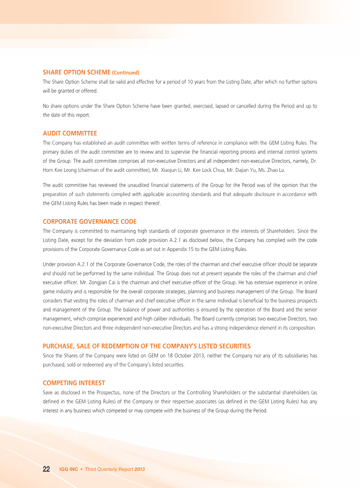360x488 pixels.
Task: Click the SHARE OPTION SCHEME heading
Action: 76,72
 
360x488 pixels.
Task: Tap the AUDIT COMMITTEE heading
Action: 70,133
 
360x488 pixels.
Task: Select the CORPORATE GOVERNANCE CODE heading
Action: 90,221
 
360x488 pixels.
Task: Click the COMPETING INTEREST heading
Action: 74,383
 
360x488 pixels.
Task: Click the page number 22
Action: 46,469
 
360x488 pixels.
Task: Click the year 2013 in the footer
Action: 139,469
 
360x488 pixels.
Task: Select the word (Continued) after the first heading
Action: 126,72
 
